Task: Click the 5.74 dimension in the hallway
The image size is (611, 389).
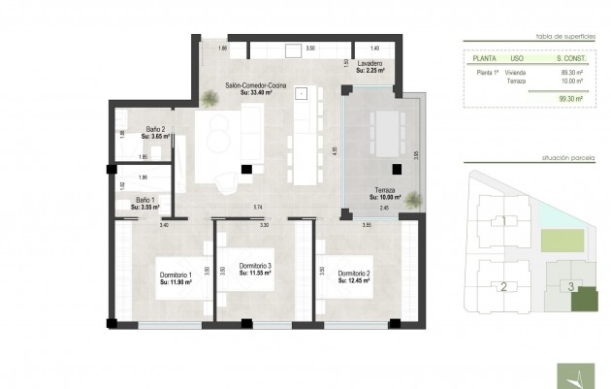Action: pos(258,208)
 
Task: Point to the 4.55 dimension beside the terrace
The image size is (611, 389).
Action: pos(334,151)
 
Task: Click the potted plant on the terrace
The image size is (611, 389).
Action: pos(414,200)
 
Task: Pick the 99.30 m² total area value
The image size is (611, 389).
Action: pos(570,98)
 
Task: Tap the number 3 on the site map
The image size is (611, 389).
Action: pos(571,286)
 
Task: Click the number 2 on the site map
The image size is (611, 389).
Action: pos(503,286)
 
